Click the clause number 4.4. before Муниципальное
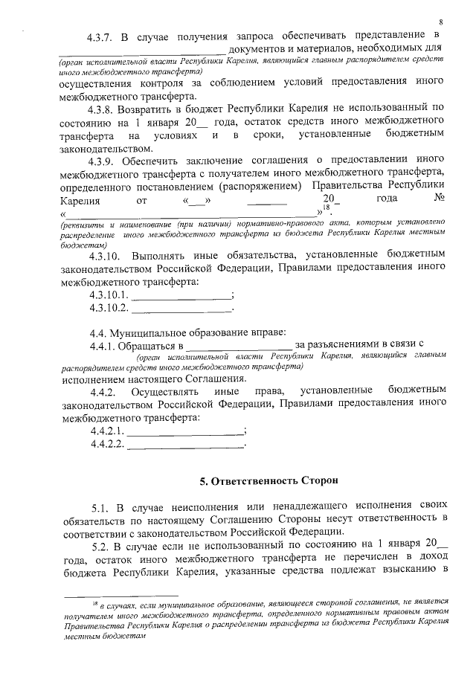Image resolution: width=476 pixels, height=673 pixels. pos(98,332)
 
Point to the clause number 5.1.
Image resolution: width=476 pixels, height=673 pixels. pos(100,508)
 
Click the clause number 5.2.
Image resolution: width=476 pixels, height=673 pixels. pos(100,548)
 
